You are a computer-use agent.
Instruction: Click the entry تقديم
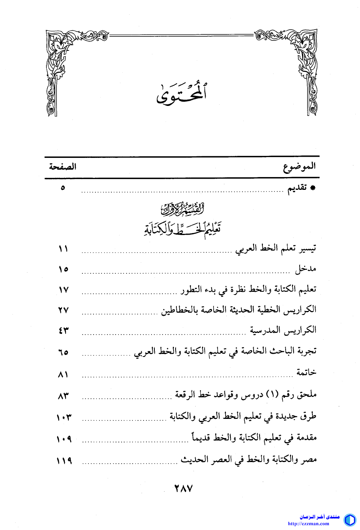tap(298, 188)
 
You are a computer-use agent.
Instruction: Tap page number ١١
tap(63, 249)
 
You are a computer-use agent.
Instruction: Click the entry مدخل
tap(306, 269)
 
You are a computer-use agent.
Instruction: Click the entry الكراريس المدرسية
tap(283, 331)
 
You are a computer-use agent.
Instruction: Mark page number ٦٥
tap(63, 352)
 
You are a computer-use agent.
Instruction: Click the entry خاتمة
tap(306, 373)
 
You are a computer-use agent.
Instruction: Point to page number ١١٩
tap(63, 460)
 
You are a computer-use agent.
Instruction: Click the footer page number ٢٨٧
tap(184, 488)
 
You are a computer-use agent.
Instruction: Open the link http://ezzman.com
tap(308, 524)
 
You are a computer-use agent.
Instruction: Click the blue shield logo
tap(350, 520)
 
